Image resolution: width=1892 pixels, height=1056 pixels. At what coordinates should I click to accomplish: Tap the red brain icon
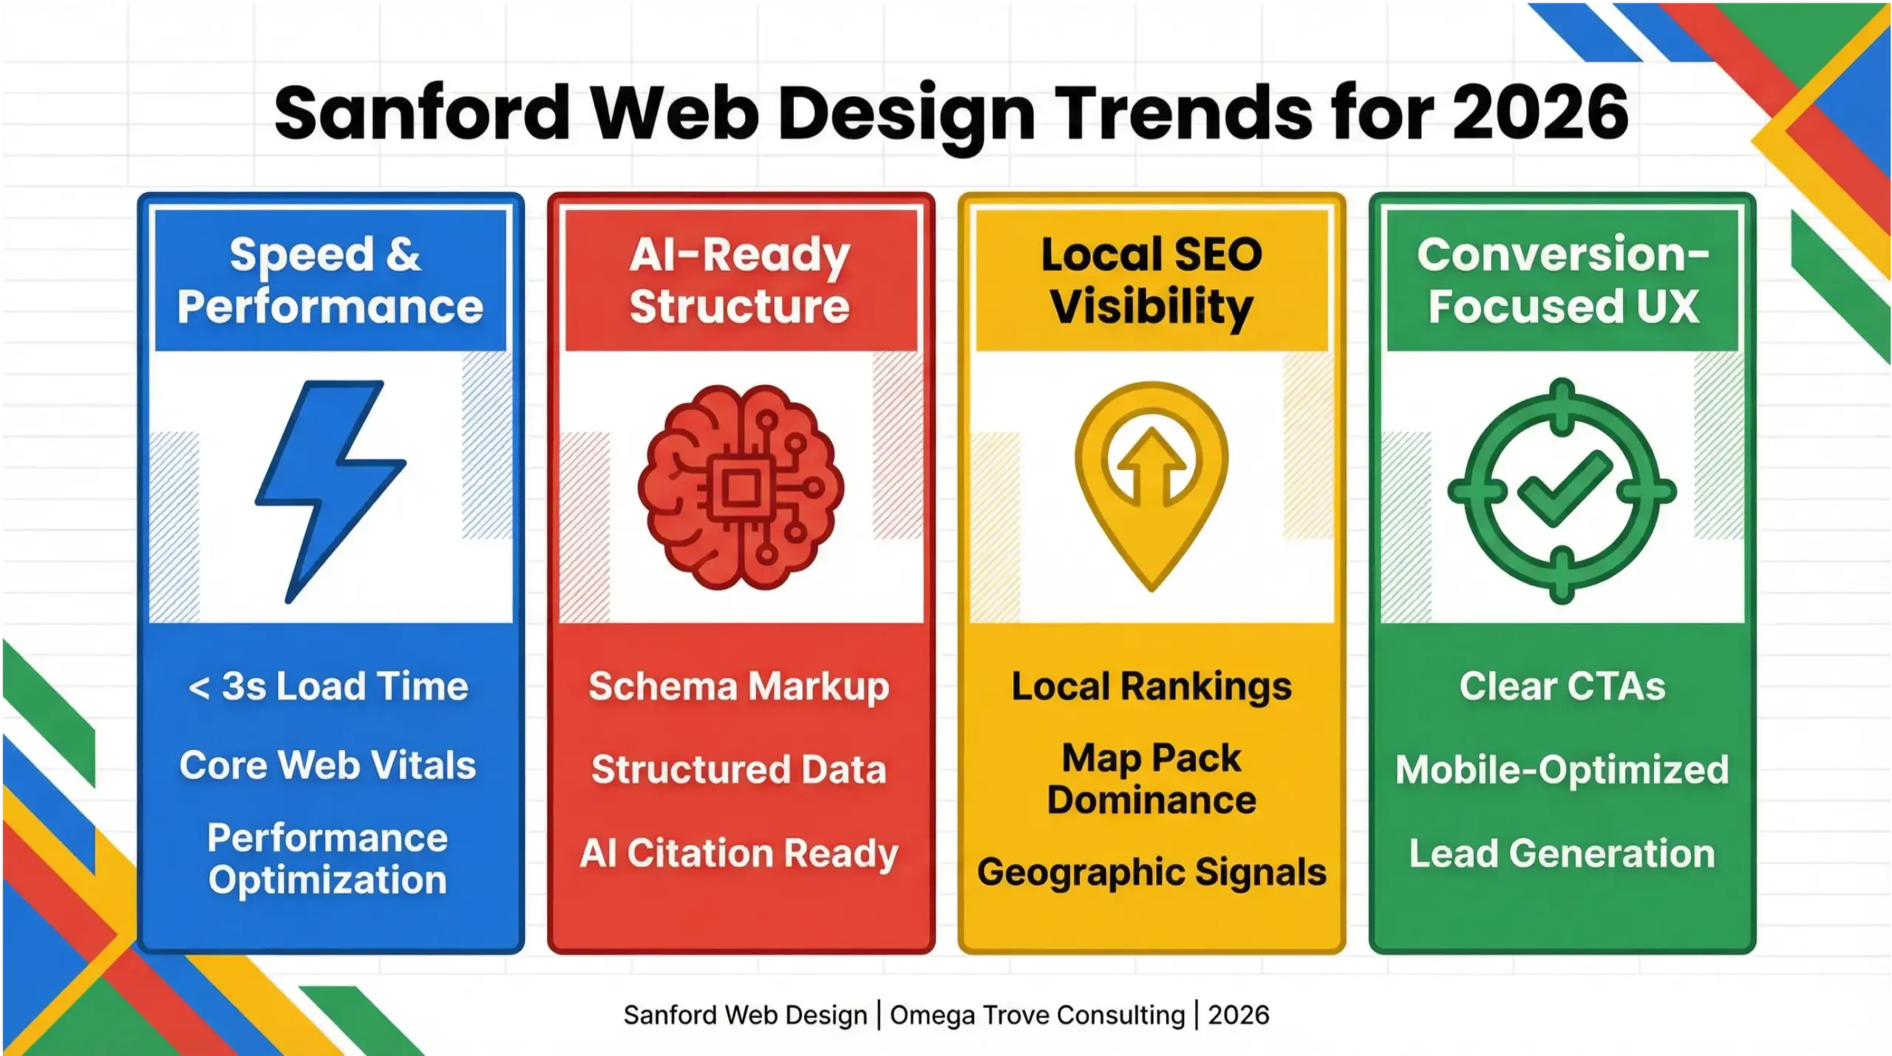pyautogui.click(x=741, y=488)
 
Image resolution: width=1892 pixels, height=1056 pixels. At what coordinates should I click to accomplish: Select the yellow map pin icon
pyautogui.click(x=1151, y=480)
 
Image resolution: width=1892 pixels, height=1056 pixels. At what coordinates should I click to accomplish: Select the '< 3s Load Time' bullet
pyautogui.click(x=329, y=687)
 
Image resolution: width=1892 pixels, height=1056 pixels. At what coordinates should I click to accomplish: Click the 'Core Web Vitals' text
pyautogui.click(x=327, y=765)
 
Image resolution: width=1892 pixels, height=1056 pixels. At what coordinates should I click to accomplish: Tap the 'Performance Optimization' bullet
pyautogui.click(x=327, y=859)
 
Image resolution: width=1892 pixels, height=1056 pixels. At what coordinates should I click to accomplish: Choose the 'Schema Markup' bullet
pyautogui.click(x=739, y=687)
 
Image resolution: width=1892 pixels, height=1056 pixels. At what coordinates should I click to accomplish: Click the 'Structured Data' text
pyautogui.click(x=739, y=769)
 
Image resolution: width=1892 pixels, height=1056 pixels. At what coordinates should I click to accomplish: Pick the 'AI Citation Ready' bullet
pyautogui.click(x=739, y=854)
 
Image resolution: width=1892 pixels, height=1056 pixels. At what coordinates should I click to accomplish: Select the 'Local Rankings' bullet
pyautogui.click(x=1151, y=687)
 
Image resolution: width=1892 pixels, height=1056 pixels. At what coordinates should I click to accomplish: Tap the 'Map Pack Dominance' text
pyautogui.click(x=1151, y=779)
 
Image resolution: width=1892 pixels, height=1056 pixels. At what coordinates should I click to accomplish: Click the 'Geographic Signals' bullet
pyautogui.click(x=1151, y=872)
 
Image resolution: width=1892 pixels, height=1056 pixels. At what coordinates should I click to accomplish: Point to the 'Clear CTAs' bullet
pyautogui.click(x=1562, y=687)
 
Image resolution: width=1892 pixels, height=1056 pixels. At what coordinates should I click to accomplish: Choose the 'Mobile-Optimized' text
pyautogui.click(x=1562, y=769)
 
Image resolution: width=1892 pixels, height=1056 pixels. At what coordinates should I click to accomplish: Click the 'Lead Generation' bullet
pyautogui.click(x=1562, y=854)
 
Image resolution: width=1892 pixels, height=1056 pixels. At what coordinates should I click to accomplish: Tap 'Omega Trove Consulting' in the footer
pyautogui.click(x=1037, y=1015)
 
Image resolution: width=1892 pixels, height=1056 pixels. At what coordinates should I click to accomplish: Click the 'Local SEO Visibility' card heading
pyautogui.click(x=1151, y=280)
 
